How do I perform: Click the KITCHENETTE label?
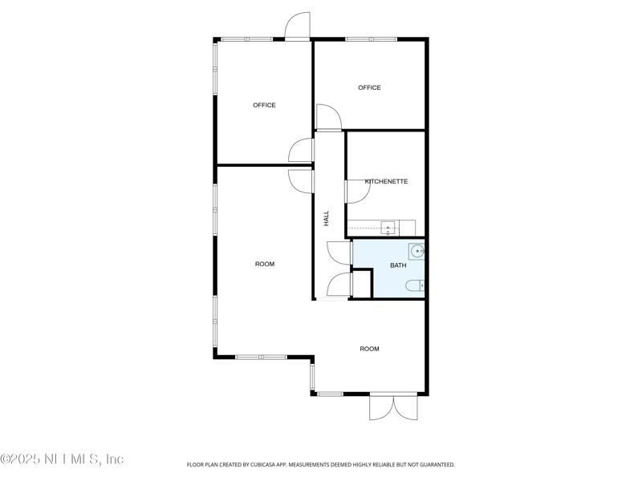pos(386,181)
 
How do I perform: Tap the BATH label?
pos(398,265)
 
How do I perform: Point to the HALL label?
pos(327,218)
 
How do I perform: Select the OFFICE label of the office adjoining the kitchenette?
pos(369,87)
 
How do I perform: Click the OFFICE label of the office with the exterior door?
pos(264,105)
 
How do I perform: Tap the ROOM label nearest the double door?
pos(369,349)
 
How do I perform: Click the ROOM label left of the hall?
pos(265,264)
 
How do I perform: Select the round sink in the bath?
pos(416,252)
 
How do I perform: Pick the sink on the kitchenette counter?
pos(388,228)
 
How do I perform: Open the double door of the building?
pos(393,406)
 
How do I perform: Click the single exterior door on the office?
pos(297,26)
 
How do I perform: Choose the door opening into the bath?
pos(340,252)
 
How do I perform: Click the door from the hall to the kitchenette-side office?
pos(328,118)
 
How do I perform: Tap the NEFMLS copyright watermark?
pos(62,459)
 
